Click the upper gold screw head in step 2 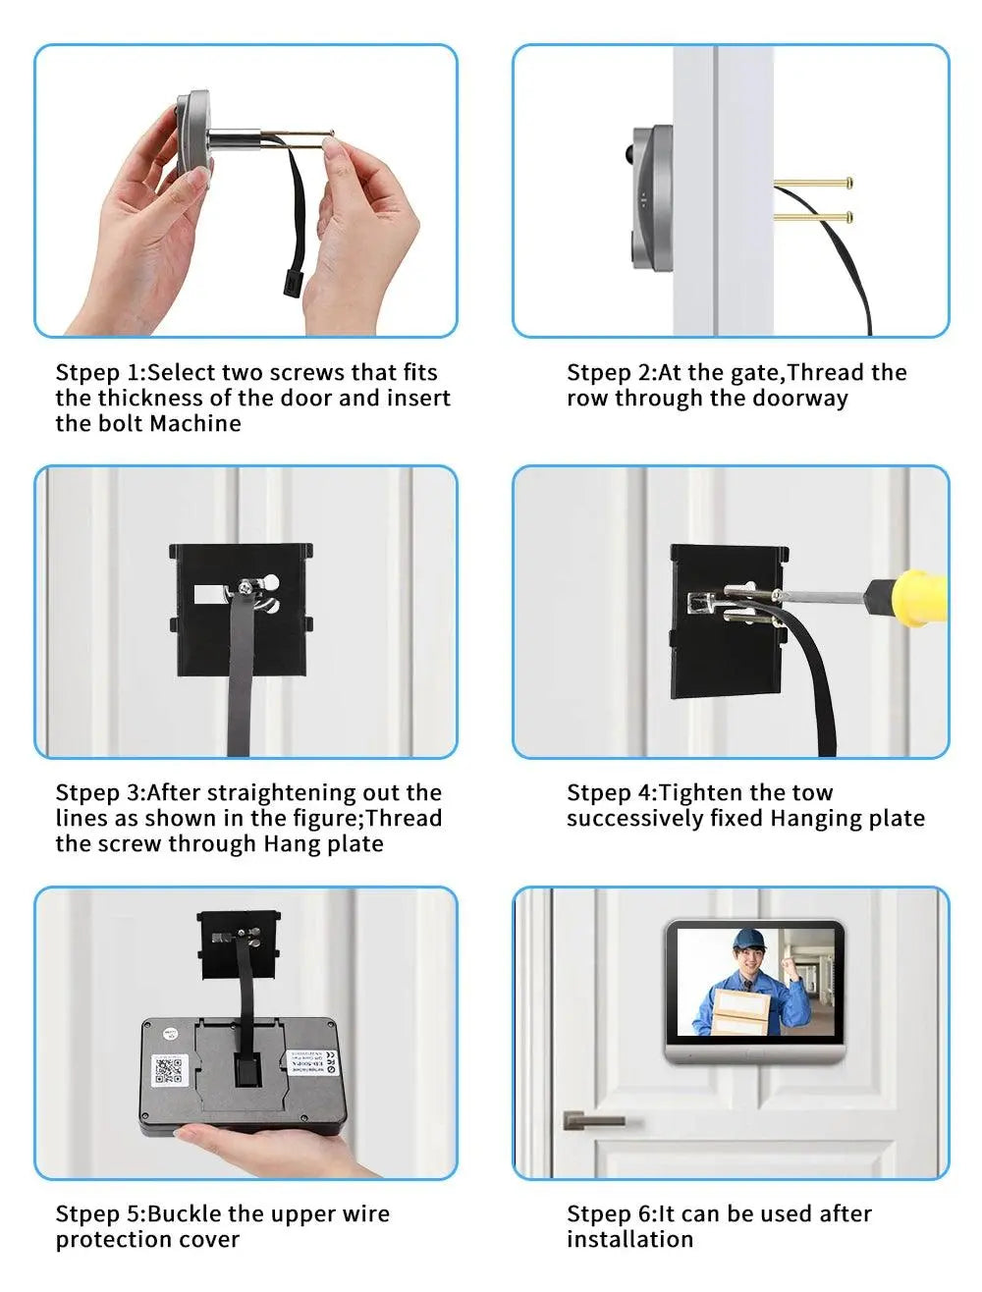(x=848, y=183)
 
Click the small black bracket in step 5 (x=239, y=945)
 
